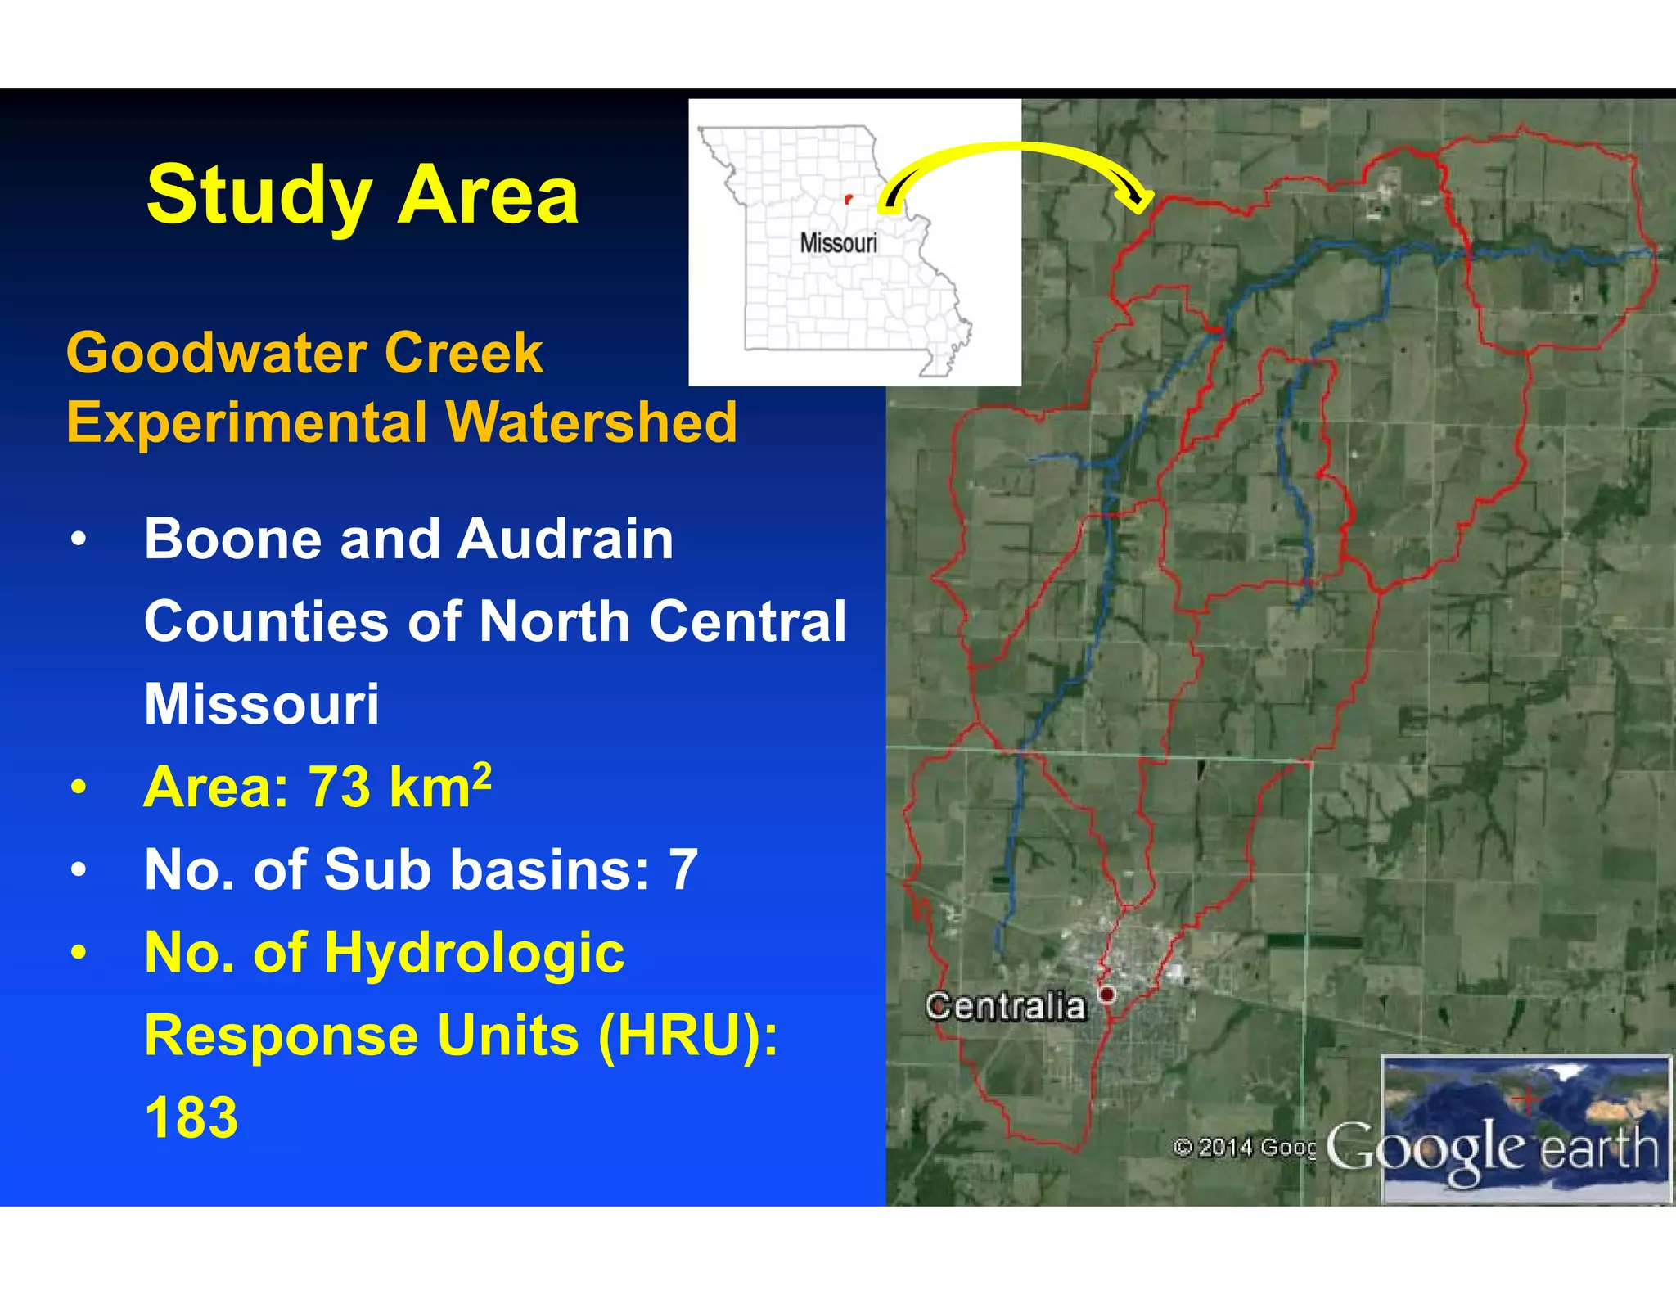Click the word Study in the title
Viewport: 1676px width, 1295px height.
pyautogui.click(x=259, y=196)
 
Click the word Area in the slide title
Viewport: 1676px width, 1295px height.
pyautogui.click(x=489, y=195)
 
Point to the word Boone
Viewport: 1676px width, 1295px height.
pyautogui.click(x=233, y=539)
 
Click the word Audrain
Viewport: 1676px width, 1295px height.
pyautogui.click(x=565, y=539)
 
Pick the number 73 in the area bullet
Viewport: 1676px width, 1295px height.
pyautogui.click(x=338, y=787)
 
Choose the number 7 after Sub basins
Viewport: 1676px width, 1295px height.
pyautogui.click(x=683, y=869)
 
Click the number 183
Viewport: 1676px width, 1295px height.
pyautogui.click(x=191, y=1117)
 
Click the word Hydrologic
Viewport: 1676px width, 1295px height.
pyautogui.click(x=474, y=953)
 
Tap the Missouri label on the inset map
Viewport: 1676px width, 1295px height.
pyautogui.click(x=838, y=243)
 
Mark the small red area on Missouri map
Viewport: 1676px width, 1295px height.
pyautogui.click(x=848, y=199)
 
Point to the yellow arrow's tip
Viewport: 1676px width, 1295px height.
pyautogui.click(x=1142, y=205)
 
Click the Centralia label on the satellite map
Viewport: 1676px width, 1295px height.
pyautogui.click(x=1005, y=1006)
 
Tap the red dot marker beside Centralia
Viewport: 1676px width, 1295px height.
pyautogui.click(x=1106, y=995)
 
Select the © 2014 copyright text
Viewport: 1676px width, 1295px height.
pyautogui.click(x=1243, y=1148)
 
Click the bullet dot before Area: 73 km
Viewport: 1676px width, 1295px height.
pyautogui.click(x=79, y=787)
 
